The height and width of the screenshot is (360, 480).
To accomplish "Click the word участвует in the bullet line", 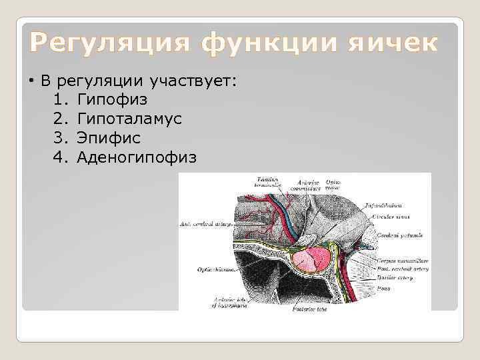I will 191,81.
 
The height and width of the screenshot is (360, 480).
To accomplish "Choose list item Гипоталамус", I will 129,119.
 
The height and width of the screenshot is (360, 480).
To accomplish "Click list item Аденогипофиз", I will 137,157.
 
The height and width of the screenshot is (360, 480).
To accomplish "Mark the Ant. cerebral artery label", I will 205,225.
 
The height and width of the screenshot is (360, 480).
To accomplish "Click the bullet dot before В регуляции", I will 31,81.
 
